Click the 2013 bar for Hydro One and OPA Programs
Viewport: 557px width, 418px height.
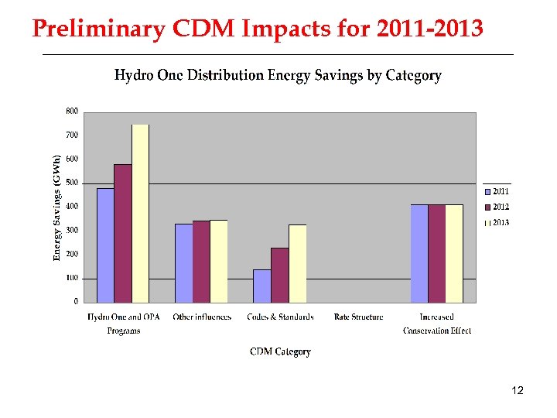[140, 213]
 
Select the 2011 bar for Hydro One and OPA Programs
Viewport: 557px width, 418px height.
[105, 245]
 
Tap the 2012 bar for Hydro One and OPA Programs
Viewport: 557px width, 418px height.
[122, 233]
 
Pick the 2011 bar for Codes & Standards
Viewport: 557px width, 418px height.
[261, 286]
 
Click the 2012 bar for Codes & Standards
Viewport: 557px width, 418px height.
[279, 275]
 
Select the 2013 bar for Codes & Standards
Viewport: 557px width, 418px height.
[297, 263]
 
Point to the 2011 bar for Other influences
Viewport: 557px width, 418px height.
[183, 263]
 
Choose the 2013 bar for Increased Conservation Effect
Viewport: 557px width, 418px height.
[454, 253]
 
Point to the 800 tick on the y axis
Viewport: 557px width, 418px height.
[71, 111]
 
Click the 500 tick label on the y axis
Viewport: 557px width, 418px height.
[71, 183]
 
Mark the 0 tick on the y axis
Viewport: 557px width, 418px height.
[75, 301]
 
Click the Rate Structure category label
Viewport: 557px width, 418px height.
[358, 317]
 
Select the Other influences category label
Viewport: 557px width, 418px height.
[202, 317]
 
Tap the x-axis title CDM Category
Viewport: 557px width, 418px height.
[280, 352]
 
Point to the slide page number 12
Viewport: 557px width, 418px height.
[518, 391]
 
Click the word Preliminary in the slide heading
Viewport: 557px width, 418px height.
[98, 29]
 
